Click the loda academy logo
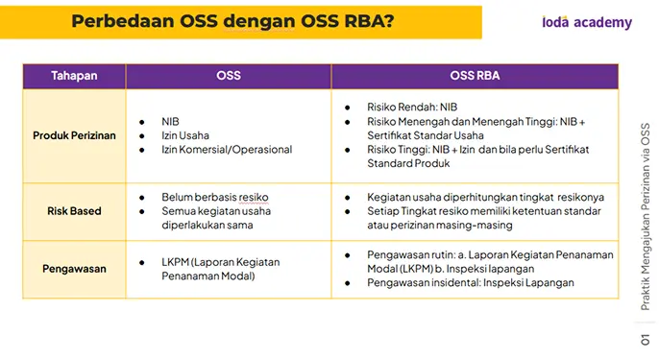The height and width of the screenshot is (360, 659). pyautogui.click(x=587, y=22)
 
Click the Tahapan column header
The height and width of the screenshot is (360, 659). pyautogui.click(x=74, y=76)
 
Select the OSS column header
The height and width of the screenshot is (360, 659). pyautogui.click(x=229, y=76)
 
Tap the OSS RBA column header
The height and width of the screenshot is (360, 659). pyautogui.click(x=475, y=76)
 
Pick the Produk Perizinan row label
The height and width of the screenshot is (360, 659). pyautogui.click(x=74, y=135)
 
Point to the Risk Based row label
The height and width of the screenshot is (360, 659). pyautogui.click(x=74, y=211)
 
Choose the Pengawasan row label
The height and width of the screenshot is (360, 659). pyautogui.click(x=74, y=269)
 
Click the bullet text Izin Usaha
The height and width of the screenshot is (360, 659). pyautogui.click(x=185, y=135)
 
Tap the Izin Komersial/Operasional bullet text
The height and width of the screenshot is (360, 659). pyautogui.click(x=227, y=150)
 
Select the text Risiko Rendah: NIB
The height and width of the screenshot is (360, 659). pyautogui.click(x=412, y=108)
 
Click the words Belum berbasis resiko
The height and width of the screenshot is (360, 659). pyautogui.click(x=215, y=197)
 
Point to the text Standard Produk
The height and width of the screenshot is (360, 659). pyautogui.click(x=408, y=163)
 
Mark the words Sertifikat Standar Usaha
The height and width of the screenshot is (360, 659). pyautogui.click(x=426, y=135)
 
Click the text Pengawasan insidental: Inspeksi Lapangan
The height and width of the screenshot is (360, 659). pyautogui.click(x=471, y=282)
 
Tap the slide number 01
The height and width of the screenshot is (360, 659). pyautogui.click(x=646, y=340)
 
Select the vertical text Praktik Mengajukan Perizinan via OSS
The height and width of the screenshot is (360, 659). pyautogui.click(x=646, y=216)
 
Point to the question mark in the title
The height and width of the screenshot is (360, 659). pyautogui.click(x=389, y=21)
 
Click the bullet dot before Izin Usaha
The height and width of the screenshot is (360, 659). pyautogui.click(x=142, y=136)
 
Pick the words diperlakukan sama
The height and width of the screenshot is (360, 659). pyautogui.click(x=207, y=226)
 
